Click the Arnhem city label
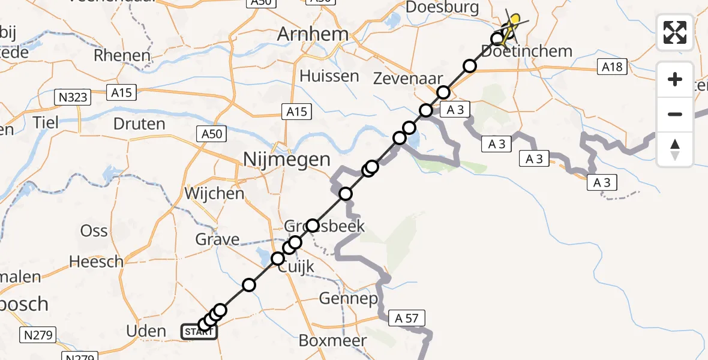point(313,34)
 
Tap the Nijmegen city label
point(287,160)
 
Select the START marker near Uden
point(198,332)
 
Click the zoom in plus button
point(675,79)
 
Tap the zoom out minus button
point(675,114)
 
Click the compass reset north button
point(675,149)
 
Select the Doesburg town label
point(443,8)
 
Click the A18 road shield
point(612,67)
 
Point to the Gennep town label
point(349,298)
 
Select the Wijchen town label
point(215,194)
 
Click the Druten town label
point(139,124)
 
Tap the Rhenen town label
point(122,56)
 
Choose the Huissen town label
point(329,76)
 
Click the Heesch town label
point(97,262)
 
